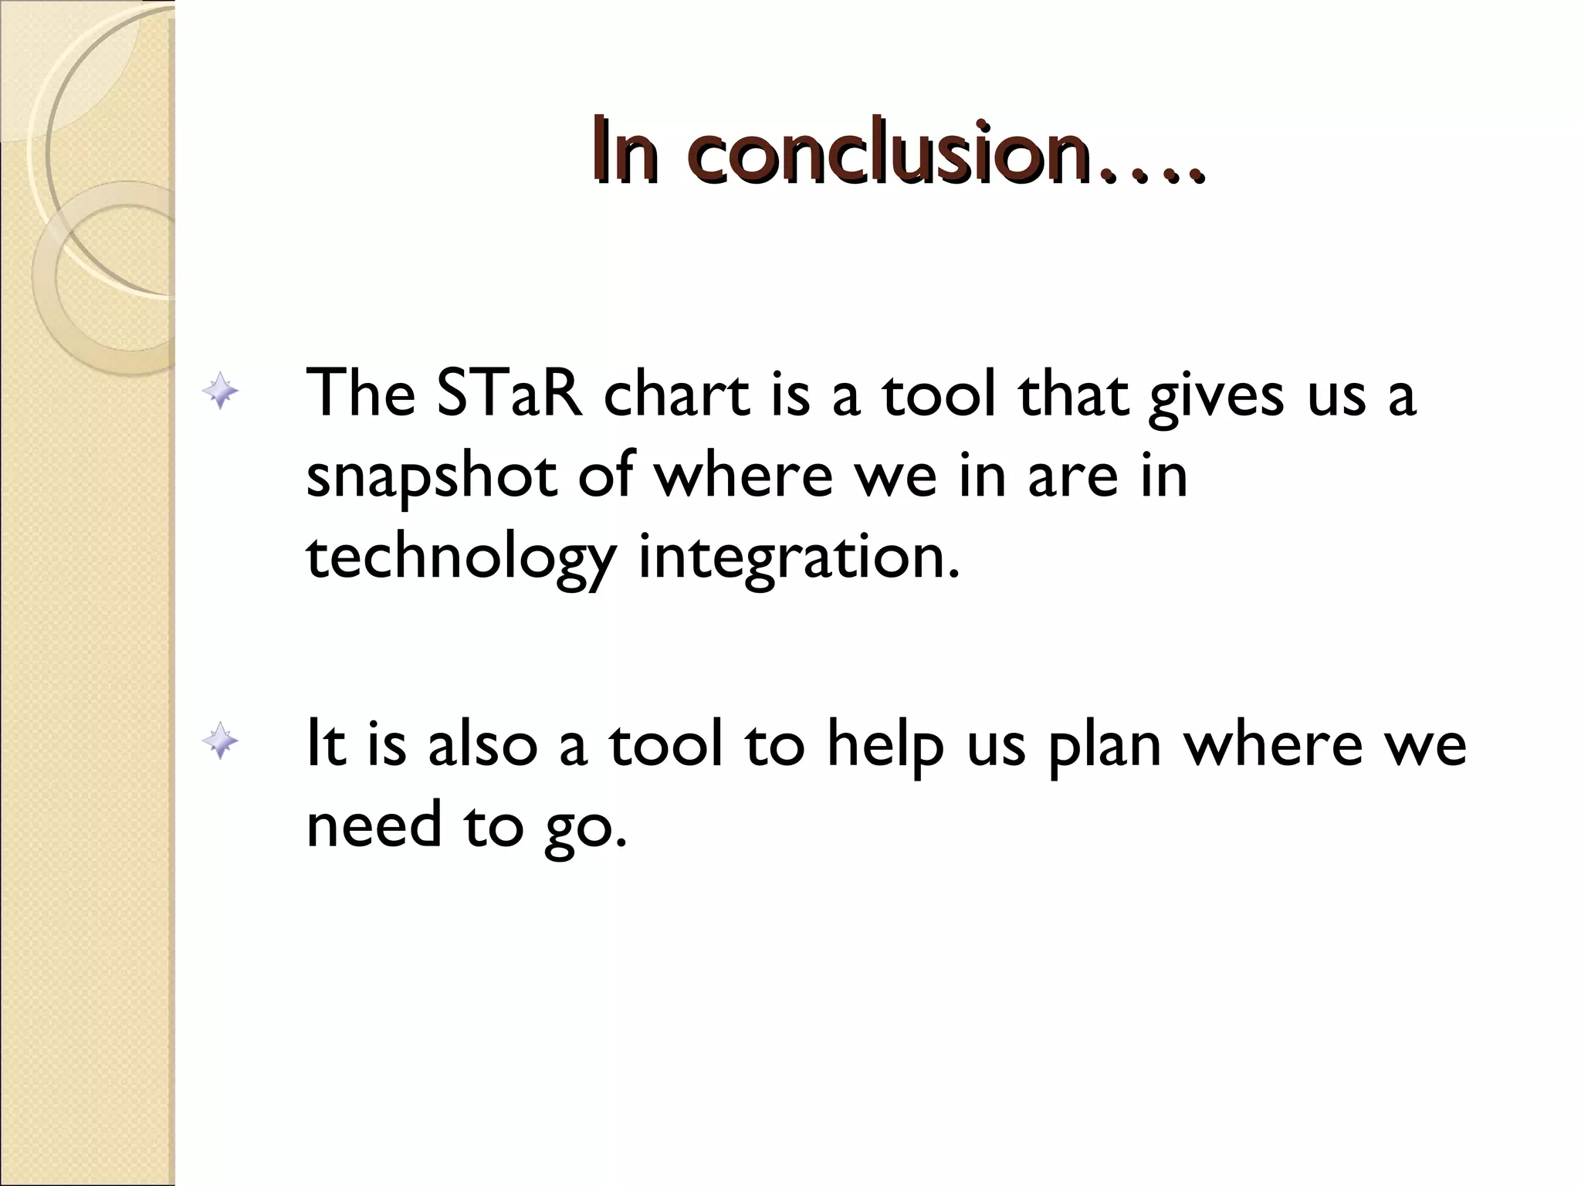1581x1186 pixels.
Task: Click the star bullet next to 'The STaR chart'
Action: pos(221,391)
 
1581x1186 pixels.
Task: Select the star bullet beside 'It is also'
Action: pos(221,742)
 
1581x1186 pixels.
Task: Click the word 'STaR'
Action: pos(510,394)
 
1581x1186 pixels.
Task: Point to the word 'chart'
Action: pos(676,394)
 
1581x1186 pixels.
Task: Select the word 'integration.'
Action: pos(800,560)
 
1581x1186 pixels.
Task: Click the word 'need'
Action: pos(375,824)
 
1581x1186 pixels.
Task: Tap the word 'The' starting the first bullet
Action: pos(361,394)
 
